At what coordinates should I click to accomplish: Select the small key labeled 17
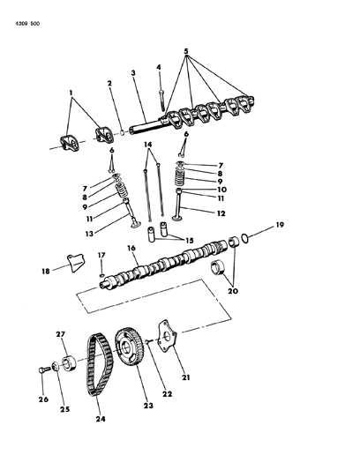click(x=103, y=275)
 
